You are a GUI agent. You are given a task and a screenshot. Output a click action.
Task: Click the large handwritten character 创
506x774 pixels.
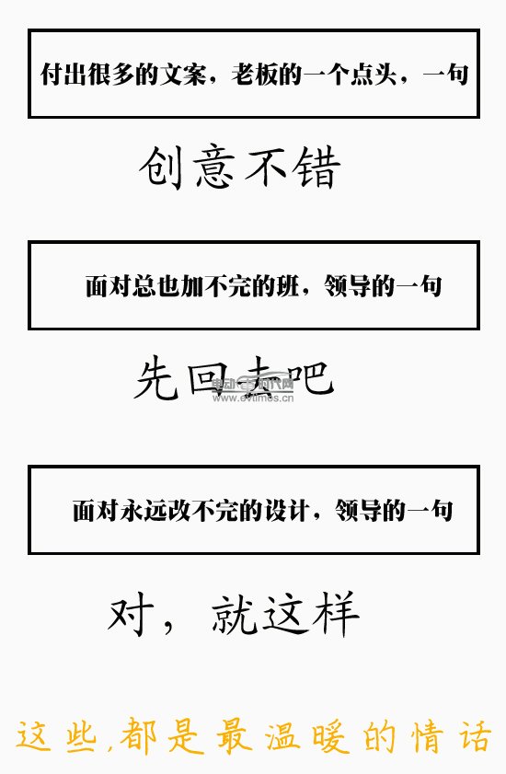click(x=160, y=167)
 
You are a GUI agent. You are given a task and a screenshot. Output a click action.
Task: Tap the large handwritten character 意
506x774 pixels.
click(x=213, y=167)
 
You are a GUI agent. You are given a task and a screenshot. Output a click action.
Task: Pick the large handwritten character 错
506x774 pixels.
click(x=316, y=167)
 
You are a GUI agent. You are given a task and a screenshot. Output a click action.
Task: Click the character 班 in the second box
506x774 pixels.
click(x=287, y=286)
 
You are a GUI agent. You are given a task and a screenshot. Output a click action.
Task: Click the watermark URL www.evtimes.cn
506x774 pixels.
click(x=253, y=398)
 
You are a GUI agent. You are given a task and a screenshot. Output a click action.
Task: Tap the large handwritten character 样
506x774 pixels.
click(x=336, y=613)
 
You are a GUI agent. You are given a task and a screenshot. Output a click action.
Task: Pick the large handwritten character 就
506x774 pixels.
click(x=235, y=613)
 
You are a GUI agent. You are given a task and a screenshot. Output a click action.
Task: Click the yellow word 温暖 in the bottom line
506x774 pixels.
click(x=306, y=736)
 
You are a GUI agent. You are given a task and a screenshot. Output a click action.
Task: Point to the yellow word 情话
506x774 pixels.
click(x=451, y=736)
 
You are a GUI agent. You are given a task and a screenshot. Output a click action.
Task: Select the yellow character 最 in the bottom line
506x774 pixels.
click(x=234, y=736)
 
